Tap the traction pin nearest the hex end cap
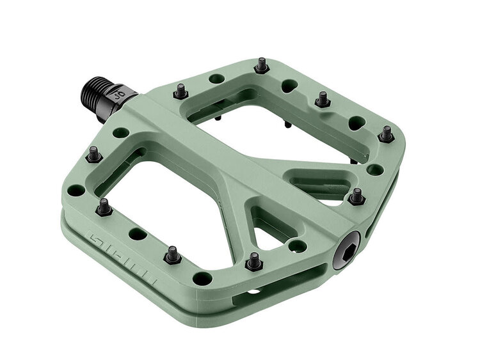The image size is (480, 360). [x=356, y=196]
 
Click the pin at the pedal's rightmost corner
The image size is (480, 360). [x=386, y=134]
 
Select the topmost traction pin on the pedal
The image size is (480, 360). [x=261, y=65]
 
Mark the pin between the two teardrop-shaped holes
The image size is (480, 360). [x=323, y=99]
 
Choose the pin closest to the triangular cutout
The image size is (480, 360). [x=254, y=261]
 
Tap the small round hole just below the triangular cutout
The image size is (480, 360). [x=296, y=246]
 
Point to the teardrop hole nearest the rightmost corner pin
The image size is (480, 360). [x=355, y=121]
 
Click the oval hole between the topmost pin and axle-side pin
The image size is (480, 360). [x=217, y=79]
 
